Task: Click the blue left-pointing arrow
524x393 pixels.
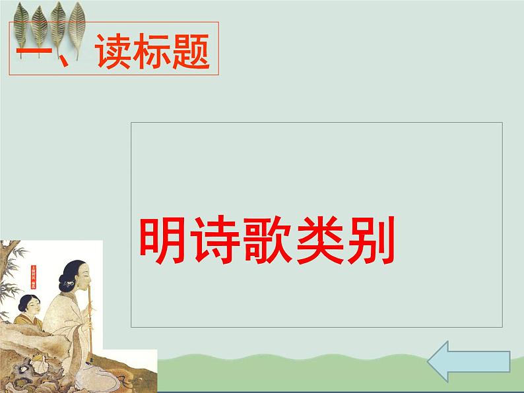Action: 468,361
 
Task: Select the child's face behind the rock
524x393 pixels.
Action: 30,306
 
